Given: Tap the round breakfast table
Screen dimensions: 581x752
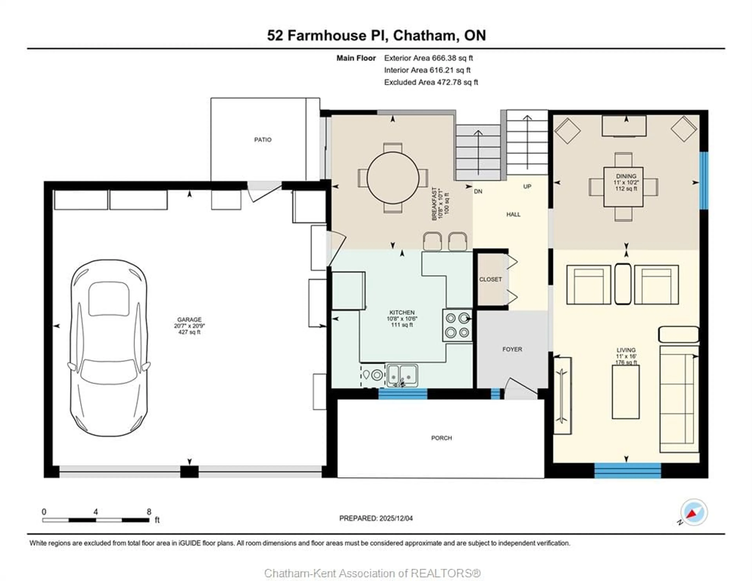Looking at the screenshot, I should (393, 178).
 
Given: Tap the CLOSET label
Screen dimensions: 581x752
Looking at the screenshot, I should (490, 279).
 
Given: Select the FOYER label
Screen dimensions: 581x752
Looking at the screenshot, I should (512, 349).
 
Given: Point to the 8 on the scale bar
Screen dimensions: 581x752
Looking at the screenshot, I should (149, 512).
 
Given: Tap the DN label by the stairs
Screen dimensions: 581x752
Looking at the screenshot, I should (478, 192).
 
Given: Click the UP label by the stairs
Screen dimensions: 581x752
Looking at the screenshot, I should (527, 187).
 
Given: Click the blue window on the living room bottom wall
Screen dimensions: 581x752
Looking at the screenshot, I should (627, 470).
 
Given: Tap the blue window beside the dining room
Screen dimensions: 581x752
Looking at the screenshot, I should (704, 180).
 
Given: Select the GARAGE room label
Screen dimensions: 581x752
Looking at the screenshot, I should (189, 320).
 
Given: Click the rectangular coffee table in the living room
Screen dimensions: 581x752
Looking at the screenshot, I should (625, 392).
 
